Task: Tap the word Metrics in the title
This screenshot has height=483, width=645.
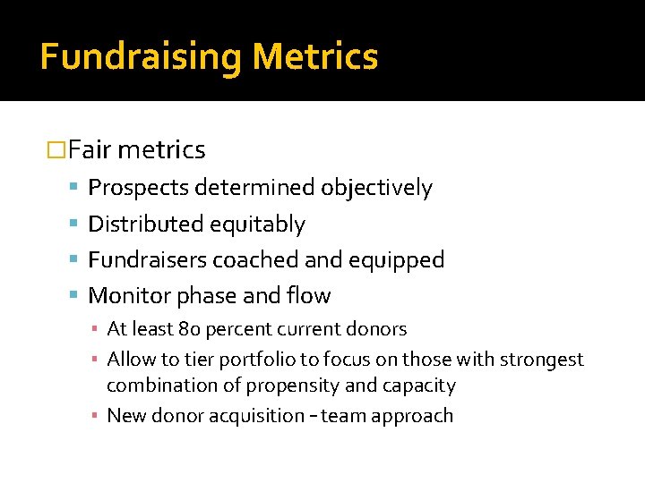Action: pyautogui.click(x=315, y=57)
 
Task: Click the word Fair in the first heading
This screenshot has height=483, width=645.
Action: pyautogui.click(x=88, y=150)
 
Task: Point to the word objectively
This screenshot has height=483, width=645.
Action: pyautogui.click(x=376, y=188)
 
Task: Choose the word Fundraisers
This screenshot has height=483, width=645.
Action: pyautogui.click(x=148, y=260)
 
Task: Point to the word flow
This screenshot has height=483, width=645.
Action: pyautogui.click(x=308, y=296)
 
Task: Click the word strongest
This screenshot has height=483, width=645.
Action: pyautogui.click(x=540, y=360)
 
